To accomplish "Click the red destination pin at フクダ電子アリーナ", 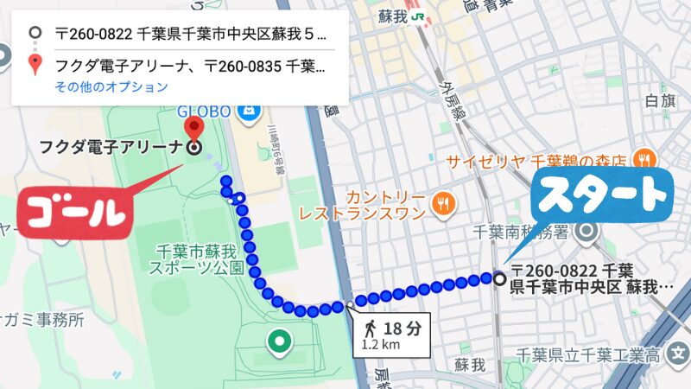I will (x=194, y=130).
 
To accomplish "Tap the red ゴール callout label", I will (x=75, y=209).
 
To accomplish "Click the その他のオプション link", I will (x=111, y=86).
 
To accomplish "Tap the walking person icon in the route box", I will (x=370, y=328).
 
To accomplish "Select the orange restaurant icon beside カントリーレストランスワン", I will (x=443, y=203).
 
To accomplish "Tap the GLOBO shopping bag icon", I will (x=247, y=111).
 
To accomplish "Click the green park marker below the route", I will (x=278, y=341).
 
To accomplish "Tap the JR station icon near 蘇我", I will (x=418, y=16).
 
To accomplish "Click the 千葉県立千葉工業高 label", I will (x=589, y=354).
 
